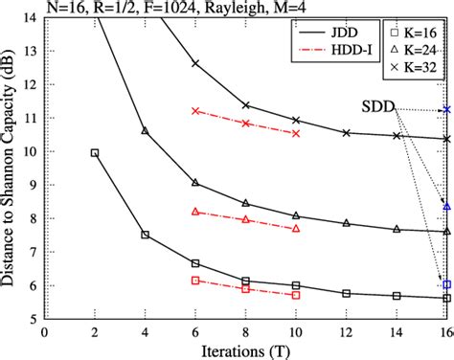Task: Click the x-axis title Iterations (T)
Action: [244, 349]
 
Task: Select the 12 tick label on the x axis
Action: [346, 330]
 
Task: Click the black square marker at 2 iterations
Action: [94, 152]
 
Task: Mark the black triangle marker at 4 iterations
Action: [145, 130]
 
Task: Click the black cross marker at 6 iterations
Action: [195, 63]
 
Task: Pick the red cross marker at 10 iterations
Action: [296, 133]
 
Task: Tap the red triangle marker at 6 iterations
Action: [195, 211]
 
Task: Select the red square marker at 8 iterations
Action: [246, 288]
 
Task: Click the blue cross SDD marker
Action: [446, 110]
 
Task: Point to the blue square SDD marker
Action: [446, 284]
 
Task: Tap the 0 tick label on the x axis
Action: [43, 330]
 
